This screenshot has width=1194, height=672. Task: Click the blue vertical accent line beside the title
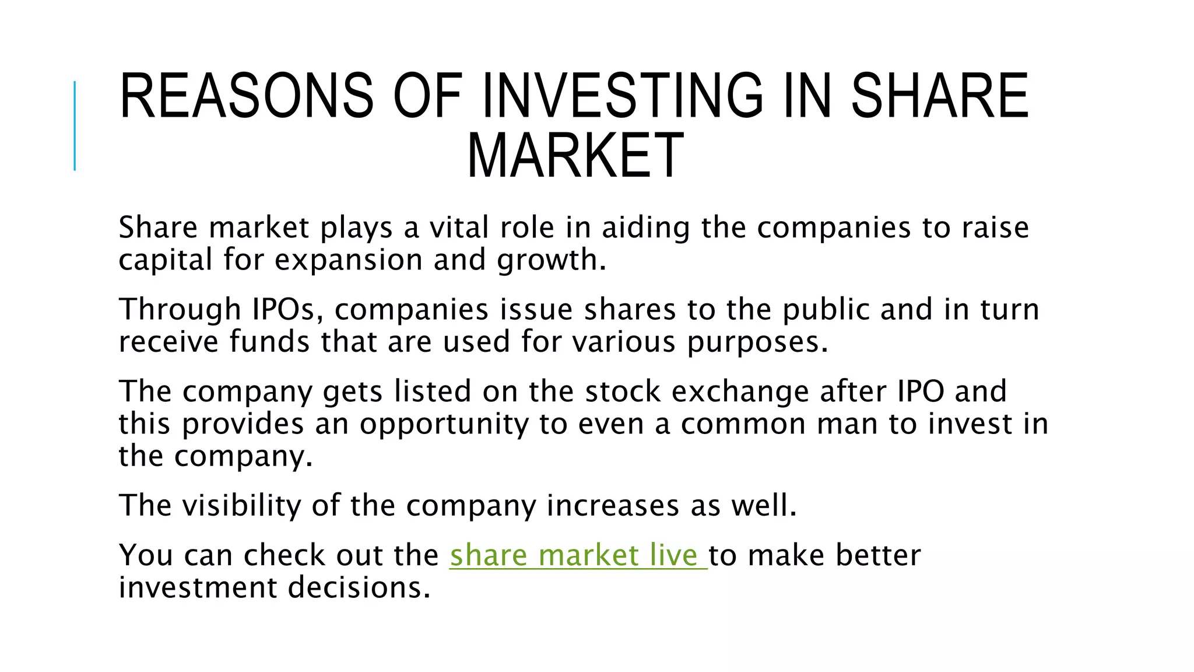click(x=75, y=126)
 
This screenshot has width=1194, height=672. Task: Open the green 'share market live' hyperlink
click(x=577, y=555)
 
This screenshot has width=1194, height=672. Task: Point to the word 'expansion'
click(x=348, y=260)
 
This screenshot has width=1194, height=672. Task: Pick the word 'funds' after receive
click(x=269, y=341)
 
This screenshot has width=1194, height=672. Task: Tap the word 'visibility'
click(x=241, y=505)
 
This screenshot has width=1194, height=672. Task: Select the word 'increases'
click(x=613, y=505)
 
